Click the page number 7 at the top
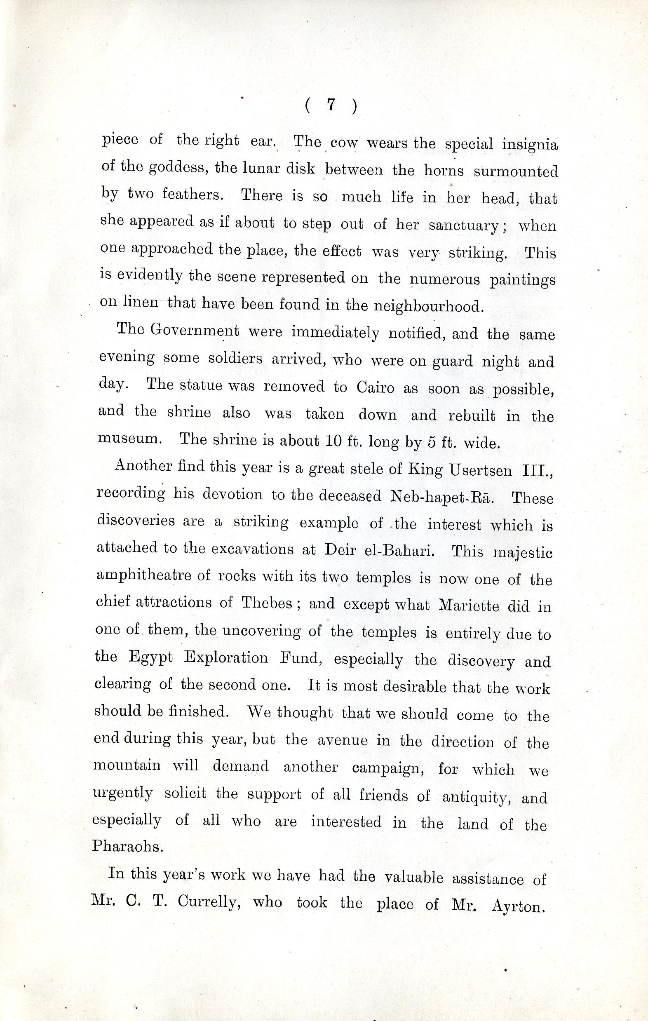click(x=331, y=105)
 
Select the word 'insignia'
click(x=530, y=145)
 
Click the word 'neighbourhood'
click(x=428, y=306)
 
